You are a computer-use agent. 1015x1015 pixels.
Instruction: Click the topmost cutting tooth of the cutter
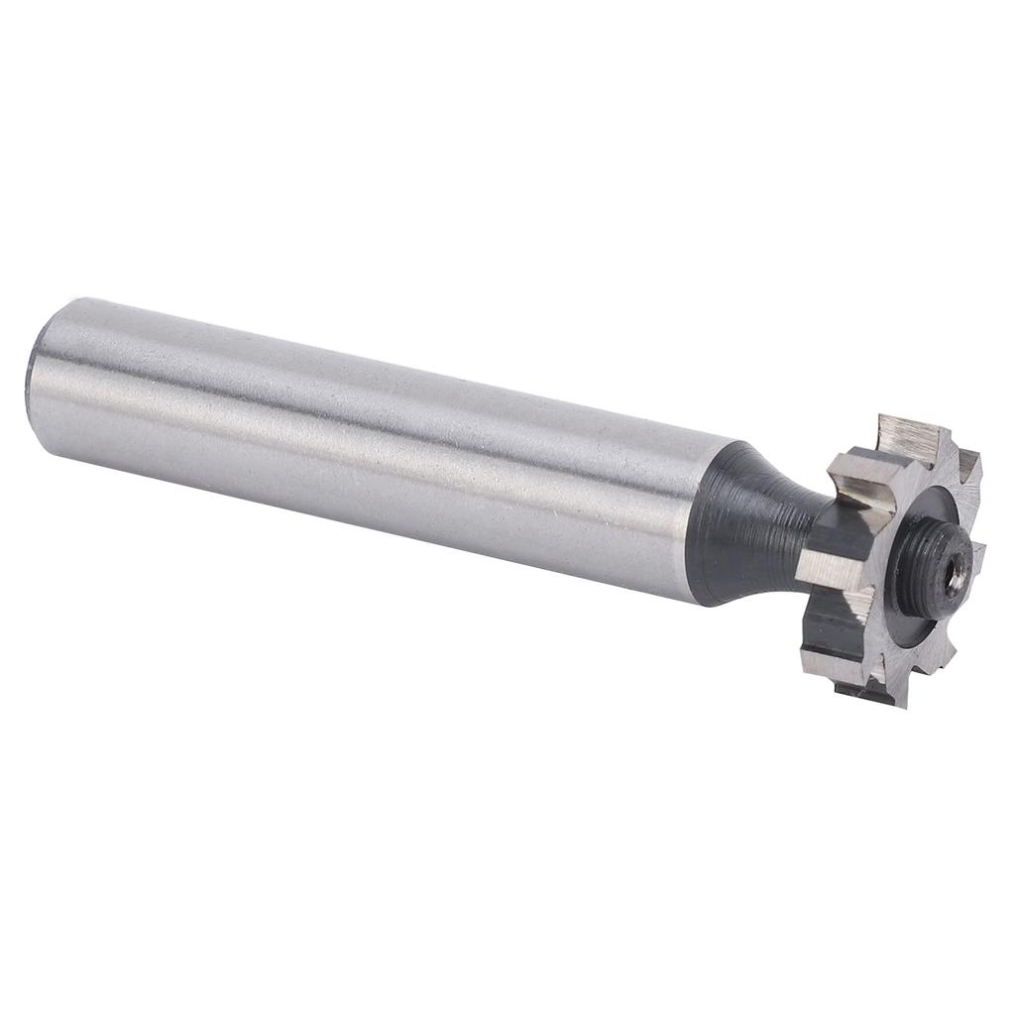(x=907, y=437)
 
